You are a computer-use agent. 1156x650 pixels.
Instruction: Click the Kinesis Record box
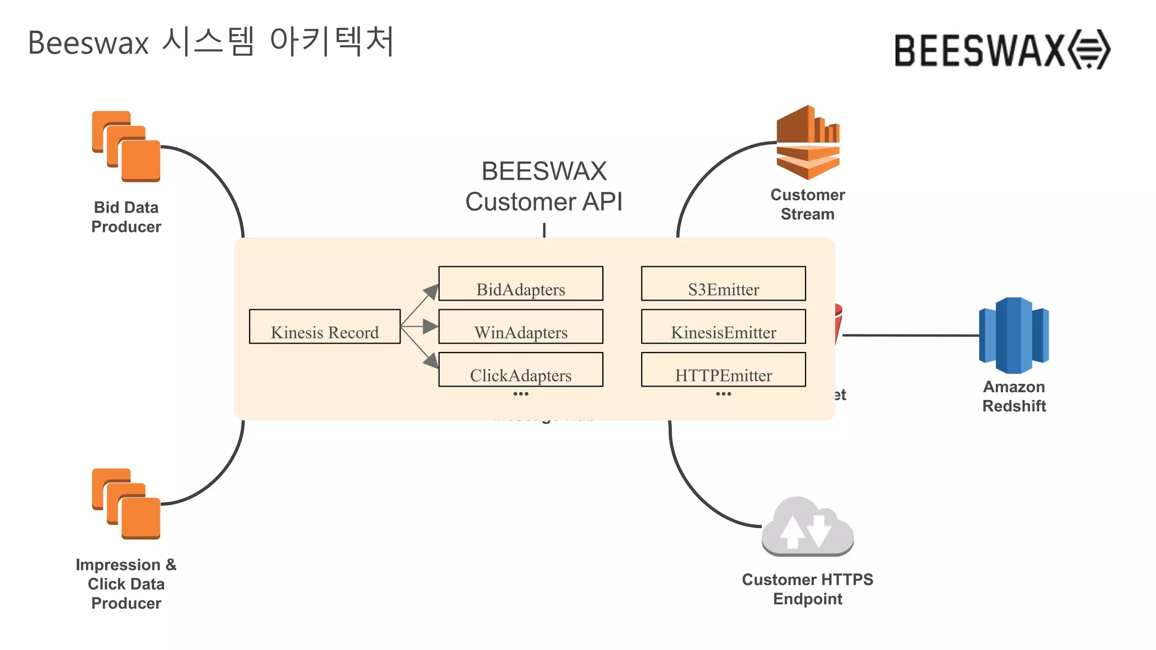325,327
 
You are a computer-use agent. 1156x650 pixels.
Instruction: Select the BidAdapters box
520,284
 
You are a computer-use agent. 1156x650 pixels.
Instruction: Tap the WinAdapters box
520,327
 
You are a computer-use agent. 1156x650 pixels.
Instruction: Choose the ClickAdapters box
520,370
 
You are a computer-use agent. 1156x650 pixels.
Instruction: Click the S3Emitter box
723,284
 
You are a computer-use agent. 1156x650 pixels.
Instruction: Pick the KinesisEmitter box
723,327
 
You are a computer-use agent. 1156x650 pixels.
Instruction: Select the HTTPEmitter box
723,370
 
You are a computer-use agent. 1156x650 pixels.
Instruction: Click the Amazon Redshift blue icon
1014,336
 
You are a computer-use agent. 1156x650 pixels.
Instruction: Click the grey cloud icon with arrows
807,527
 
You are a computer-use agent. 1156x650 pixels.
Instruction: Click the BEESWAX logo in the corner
1002,50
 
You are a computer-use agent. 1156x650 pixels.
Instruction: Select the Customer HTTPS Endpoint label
807,589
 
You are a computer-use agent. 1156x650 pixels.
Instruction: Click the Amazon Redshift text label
1014,396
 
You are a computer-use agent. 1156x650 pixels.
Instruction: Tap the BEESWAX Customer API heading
544,186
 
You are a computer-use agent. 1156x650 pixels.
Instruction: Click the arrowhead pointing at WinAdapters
430,326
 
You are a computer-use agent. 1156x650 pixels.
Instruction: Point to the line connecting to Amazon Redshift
910,335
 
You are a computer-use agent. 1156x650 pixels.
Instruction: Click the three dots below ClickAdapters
520,394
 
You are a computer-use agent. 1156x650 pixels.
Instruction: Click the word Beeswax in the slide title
88,43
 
